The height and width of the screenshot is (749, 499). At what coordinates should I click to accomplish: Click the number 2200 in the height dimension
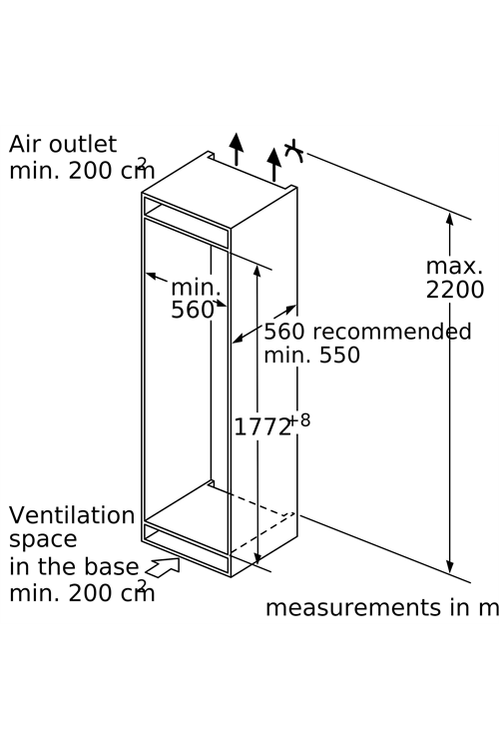tap(455, 290)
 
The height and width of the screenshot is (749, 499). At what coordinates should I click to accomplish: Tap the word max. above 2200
tap(454, 267)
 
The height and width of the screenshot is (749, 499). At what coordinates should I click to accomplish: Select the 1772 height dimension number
tap(262, 427)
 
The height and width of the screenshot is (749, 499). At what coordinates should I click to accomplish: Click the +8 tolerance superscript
tap(299, 420)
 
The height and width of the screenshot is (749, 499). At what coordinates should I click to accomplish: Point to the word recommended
tap(391, 332)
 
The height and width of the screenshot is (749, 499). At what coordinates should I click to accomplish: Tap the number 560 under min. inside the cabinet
tap(192, 310)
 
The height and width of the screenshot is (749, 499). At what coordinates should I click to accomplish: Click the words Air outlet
tap(63, 144)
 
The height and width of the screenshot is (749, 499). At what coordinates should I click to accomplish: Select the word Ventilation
tap(72, 515)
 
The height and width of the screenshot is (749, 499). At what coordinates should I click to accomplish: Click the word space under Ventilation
tap(43, 540)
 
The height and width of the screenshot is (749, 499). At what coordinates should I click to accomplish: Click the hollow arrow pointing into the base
tap(163, 567)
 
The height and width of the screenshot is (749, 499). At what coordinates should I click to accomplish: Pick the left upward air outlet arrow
tap(236, 149)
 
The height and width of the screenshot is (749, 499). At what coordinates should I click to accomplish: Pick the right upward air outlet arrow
tap(274, 165)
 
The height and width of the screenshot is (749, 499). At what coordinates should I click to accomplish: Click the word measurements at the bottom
tap(352, 608)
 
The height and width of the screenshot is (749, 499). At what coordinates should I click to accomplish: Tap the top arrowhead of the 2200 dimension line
tap(449, 219)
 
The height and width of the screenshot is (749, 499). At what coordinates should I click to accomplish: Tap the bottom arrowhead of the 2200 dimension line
tap(449, 567)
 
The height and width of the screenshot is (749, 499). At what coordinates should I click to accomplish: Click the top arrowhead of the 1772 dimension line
tap(257, 271)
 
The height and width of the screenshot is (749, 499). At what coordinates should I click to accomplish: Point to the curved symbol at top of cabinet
tap(294, 151)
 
